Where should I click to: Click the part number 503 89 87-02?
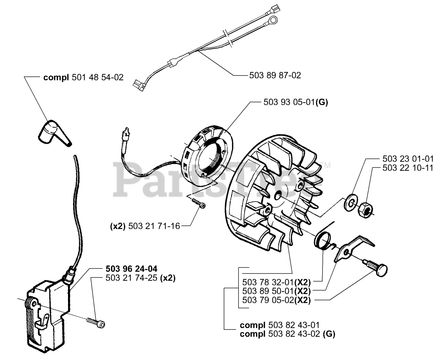click(x=275, y=75)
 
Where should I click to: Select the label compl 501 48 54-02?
click(x=83, y=77)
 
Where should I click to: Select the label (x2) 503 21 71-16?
click(x=145, y=226)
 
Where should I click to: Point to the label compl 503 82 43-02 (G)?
click(x=288, y=334)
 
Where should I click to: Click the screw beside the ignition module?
click(x=96, y=322)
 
